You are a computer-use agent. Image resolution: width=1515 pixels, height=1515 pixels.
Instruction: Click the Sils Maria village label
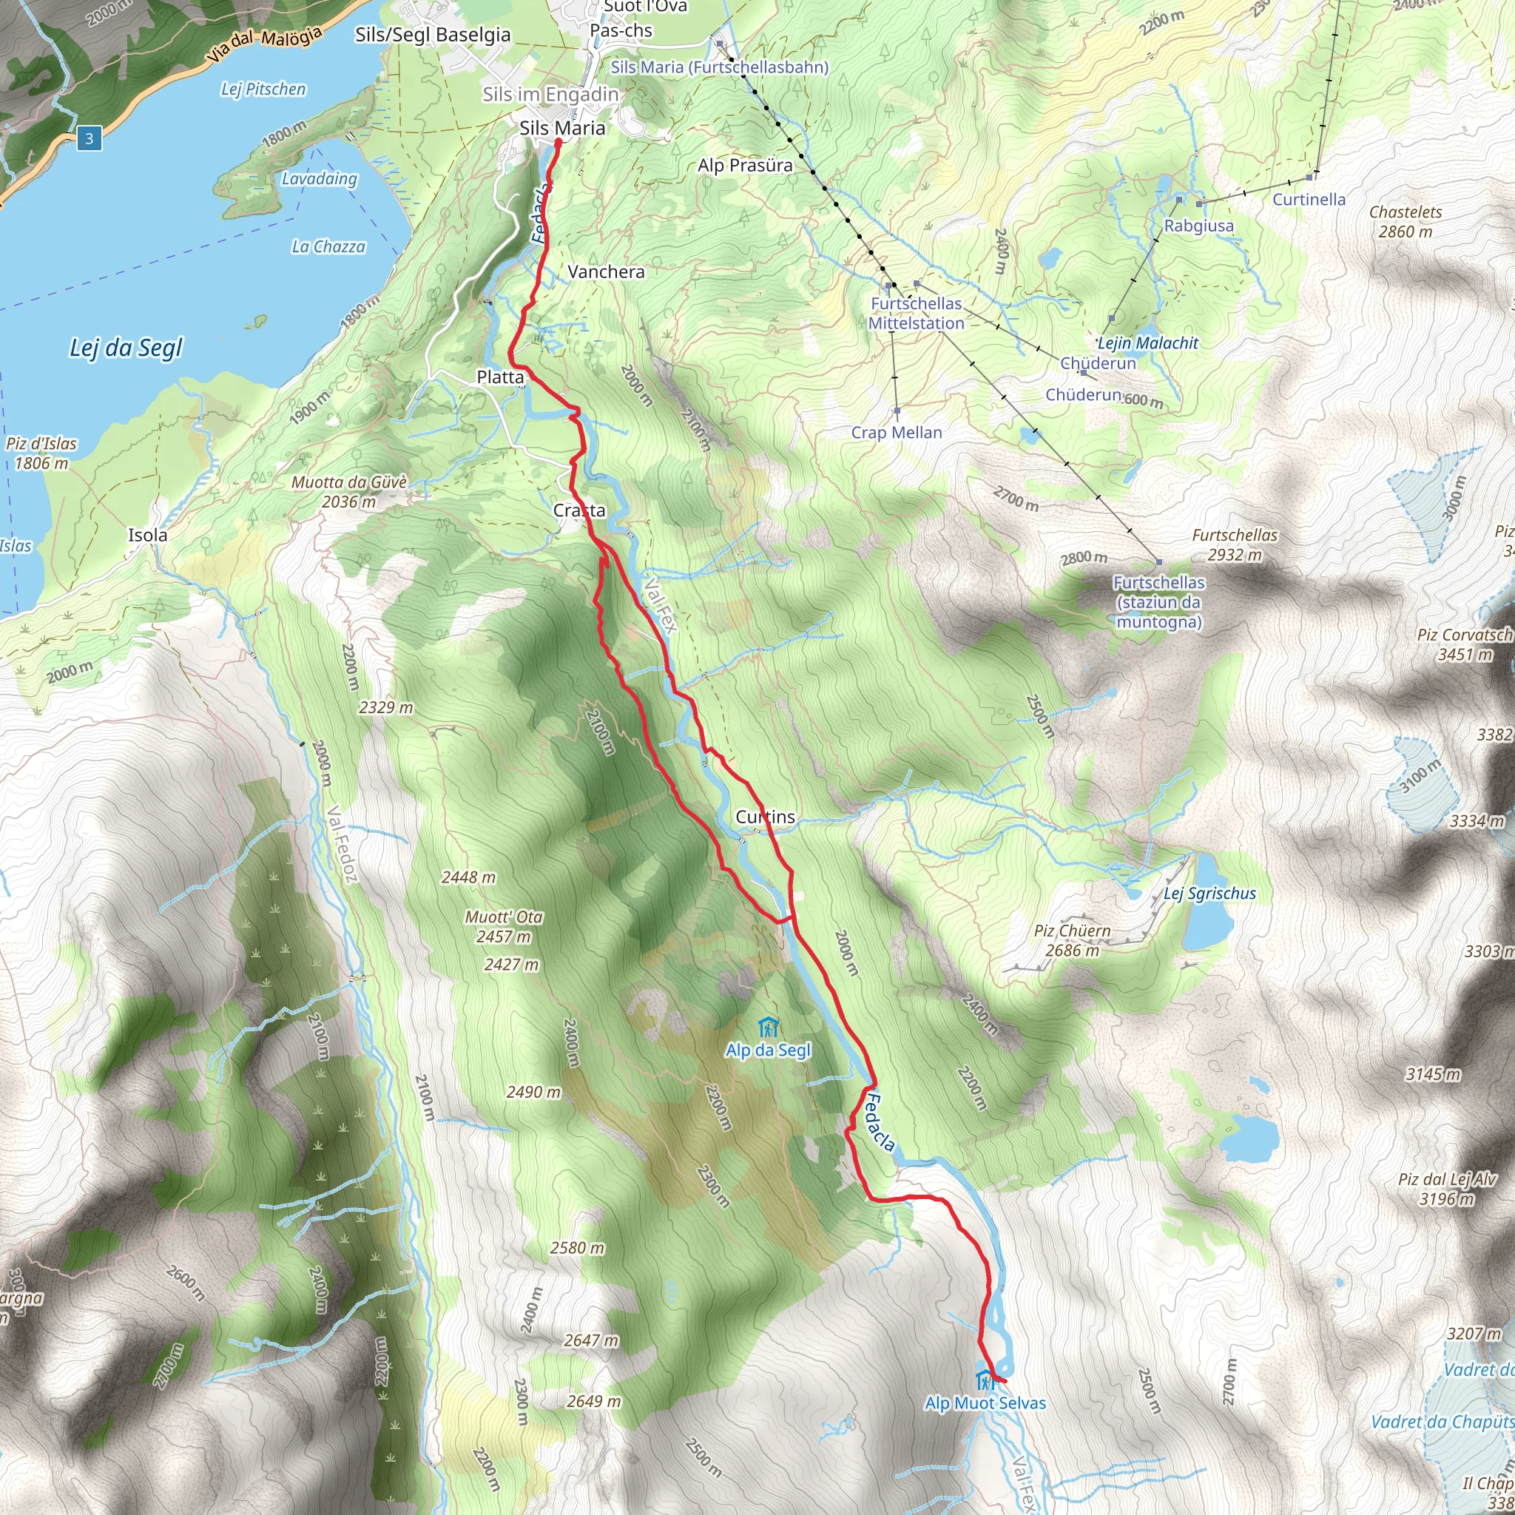click(561, 128)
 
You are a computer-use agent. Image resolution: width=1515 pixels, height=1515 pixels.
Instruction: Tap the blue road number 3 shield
click(90, 139)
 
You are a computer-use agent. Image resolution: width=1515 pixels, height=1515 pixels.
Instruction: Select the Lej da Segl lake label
click(126, 348)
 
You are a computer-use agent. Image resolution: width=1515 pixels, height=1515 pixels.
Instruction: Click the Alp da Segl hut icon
click(768, 1027)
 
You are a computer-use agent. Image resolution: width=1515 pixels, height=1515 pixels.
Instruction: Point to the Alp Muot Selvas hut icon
click(985, 1379)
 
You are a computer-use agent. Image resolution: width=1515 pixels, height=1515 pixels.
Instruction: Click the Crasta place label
click(578, 510)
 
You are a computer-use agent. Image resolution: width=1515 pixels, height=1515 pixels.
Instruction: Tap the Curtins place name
click(765, 817)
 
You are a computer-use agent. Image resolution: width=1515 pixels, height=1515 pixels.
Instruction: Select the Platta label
click(499, 377)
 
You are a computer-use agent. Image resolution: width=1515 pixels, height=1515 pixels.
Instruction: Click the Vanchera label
click(605, 272)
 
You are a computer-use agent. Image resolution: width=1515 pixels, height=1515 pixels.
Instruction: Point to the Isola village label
click(147, 535)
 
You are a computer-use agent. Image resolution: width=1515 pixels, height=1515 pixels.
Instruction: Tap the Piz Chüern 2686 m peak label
click(1071, 940)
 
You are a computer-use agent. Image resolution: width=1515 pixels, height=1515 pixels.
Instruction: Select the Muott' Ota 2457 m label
click(504, 926)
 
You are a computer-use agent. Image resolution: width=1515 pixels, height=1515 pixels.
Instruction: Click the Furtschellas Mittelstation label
click(915, 313)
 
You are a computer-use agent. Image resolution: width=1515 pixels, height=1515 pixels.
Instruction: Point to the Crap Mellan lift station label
click(897, 432)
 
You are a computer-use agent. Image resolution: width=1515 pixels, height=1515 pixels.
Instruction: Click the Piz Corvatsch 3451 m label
click(1463, 644)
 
